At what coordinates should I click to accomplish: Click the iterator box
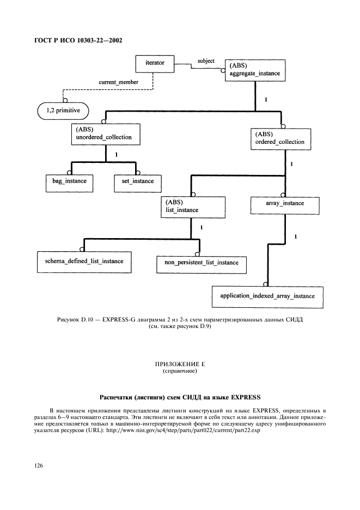[x=155, y=63]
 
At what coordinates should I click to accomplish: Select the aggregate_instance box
[x=254, y=71]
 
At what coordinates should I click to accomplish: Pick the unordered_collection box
[x=104, y=134]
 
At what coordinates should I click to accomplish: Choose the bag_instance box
[x=62, y=181]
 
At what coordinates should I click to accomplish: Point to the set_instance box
[x=134, y=181]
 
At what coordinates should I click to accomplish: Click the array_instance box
[x=284, y=204]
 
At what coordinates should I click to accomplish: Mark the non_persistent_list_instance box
[x=202, y=263]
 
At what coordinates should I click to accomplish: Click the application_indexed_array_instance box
[x=267, y=296]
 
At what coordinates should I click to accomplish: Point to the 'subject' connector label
[x=206, y=61]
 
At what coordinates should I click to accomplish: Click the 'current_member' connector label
[x=118, y=82]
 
